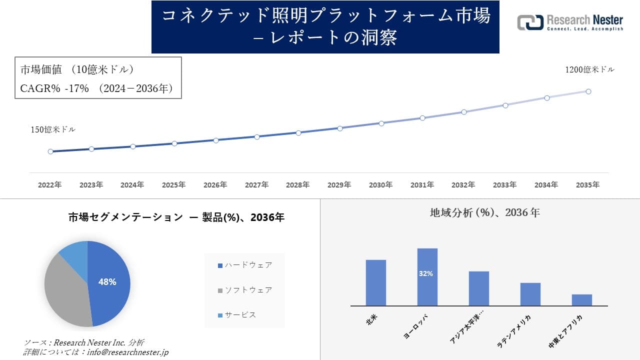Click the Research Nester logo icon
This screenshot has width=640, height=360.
(530, 22)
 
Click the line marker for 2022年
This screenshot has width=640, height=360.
(50, 151)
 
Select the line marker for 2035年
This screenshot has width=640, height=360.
(588, 91)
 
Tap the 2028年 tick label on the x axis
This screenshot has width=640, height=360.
(298, 185)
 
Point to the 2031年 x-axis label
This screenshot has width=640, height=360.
(422, 185)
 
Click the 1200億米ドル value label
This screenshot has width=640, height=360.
(589, 69)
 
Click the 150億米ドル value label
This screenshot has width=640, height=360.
(53, 129)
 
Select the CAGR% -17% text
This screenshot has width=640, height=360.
(54, 88)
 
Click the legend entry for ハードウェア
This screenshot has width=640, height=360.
(245, 265)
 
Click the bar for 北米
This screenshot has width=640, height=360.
(375, 282)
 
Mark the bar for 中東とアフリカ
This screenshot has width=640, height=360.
(582, 300)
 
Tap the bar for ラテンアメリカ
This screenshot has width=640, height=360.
(530, 294)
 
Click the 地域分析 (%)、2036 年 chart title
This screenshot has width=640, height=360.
(484, 212)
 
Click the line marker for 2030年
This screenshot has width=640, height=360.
(381, 123)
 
